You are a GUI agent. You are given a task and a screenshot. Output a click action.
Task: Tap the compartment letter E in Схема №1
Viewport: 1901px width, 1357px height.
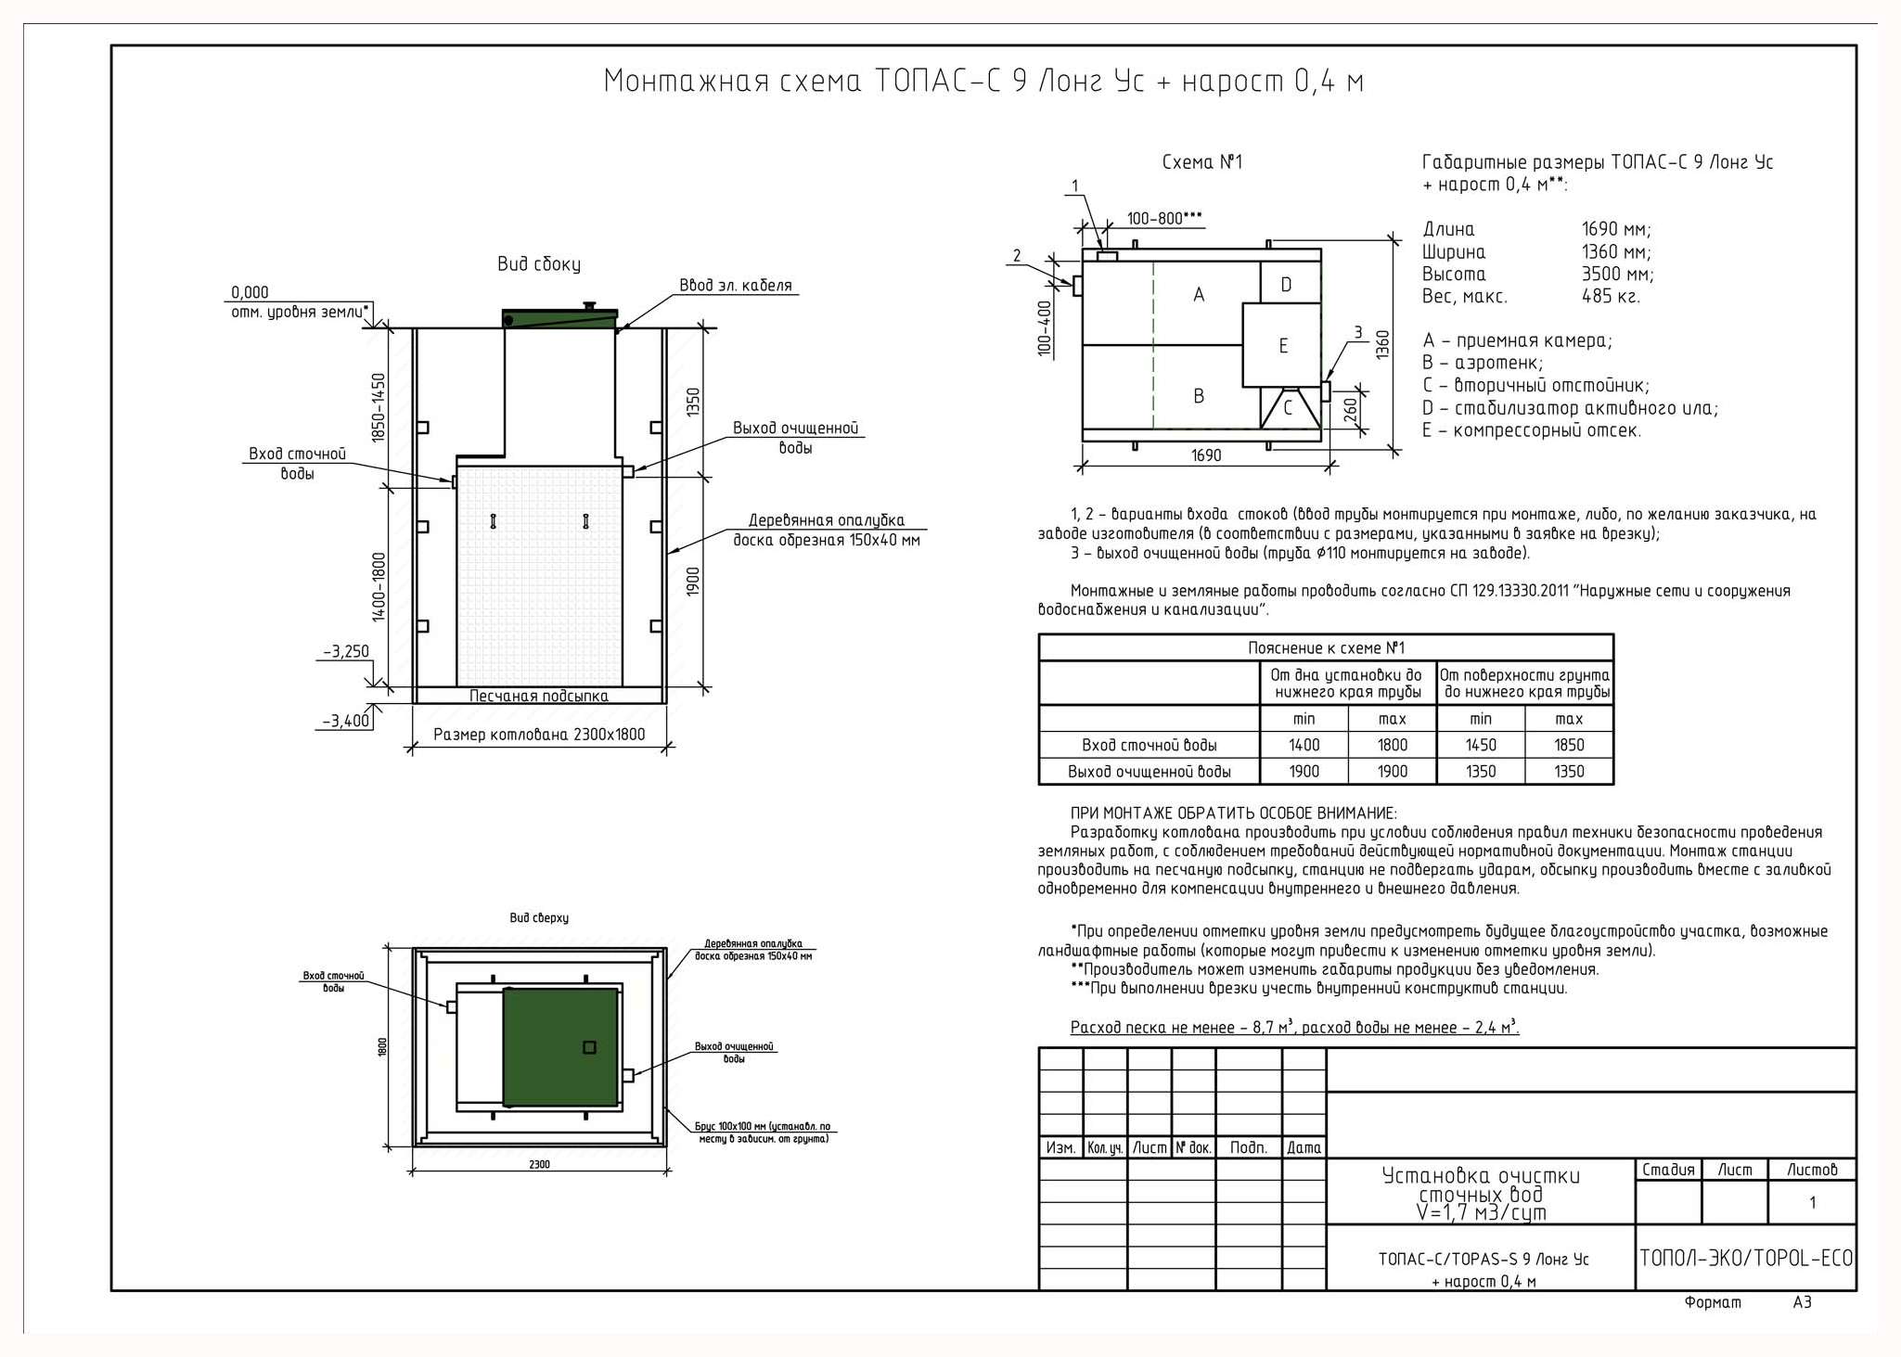(1283, 346)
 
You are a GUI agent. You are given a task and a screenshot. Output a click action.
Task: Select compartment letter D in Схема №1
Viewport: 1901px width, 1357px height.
(1286, 285)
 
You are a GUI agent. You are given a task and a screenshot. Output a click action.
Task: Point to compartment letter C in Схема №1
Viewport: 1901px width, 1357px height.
(1288, 407)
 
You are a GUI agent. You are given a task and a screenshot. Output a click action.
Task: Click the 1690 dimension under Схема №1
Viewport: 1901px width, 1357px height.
(1206, 455)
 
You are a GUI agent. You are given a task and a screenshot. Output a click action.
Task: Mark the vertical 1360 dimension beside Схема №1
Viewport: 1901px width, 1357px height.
(1383, 344)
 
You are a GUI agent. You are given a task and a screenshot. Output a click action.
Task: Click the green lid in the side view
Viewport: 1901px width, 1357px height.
(559, 319)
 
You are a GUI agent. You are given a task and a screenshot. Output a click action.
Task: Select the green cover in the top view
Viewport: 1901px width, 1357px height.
(560, 1047)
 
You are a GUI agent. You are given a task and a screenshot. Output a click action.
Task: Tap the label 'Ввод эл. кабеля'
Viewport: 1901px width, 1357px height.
(736, 286)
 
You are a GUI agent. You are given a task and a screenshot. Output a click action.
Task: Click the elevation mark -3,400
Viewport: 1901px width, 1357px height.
(346, 721)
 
